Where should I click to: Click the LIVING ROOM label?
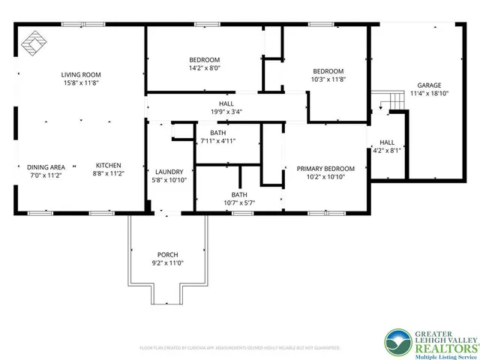(81, 74)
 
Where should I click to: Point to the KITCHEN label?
(108, 166)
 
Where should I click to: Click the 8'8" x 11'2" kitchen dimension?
(108, 175)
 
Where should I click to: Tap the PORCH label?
(167, 255)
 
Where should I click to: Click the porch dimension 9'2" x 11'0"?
(167, 264)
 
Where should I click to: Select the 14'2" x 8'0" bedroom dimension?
(204, 68)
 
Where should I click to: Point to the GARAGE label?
(429, 85)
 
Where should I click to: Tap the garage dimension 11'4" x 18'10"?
(429, 94)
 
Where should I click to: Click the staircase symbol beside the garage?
(386, 100)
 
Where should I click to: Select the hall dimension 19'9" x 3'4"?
(226, 112)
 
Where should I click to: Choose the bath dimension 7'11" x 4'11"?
(217, 141)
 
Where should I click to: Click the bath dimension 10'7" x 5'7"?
(238, 202)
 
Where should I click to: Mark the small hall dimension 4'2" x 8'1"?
(387, 151)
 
